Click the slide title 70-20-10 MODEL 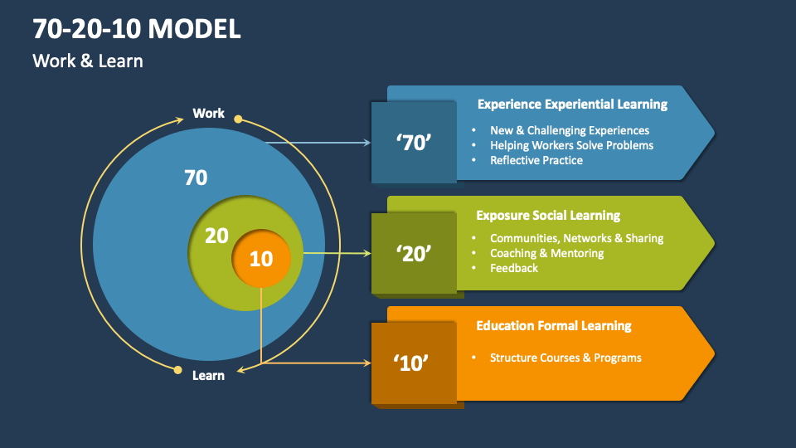click(x=137, y=30)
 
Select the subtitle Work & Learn click(x=88, y=61)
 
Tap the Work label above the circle click(x=208, y=113)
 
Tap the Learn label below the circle click(x=208, y=375)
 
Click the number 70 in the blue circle click(x=196, y=178)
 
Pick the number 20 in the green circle click(x=216, y=236)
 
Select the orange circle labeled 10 click(x=261, y=258)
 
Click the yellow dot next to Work click(x=238, y=119)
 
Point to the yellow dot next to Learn click(x=177, y=370)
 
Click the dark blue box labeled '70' click(x=413, y=142)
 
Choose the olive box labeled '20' click(x=413, y=253)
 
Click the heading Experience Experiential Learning click(x=572, y=105)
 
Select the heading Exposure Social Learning click(x=548, y=215)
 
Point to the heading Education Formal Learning click(x=554, y=325)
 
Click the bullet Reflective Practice click(x=536, y=160)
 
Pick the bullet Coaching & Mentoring click(x=546, y=253)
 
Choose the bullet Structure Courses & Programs click(x=565, y=358)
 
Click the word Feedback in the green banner click(x=513, y=268)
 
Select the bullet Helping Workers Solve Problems click(x=571, y=145)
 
